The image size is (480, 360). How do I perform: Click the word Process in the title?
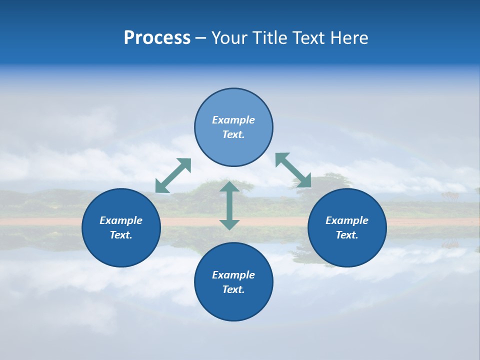[x=157, y=38]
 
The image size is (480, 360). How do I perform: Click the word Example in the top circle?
[x=233, y=120]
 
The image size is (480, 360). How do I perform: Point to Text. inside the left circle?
[x=121, y=235]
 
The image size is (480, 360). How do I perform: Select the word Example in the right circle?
[x=347, y=220]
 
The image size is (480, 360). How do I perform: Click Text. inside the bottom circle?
[x=233, y=289]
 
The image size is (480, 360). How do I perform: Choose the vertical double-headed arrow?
[x=229, y=205]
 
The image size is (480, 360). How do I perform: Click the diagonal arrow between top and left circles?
[x=173, y=175]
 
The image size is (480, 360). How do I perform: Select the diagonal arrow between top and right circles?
[x=293, y=170]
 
